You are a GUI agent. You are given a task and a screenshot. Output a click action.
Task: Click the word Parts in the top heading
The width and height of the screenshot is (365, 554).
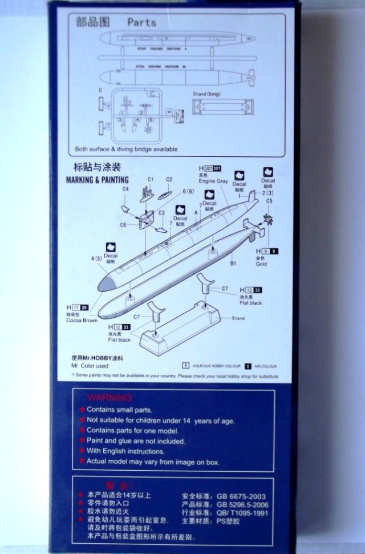[141, 22]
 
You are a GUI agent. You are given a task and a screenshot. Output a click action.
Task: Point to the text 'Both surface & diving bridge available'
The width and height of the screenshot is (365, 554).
[127, 149]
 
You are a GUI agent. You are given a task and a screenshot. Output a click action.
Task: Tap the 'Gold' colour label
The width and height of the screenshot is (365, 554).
[262, 264]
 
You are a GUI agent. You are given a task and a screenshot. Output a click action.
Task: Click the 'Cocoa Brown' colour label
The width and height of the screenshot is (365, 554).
[83, 321]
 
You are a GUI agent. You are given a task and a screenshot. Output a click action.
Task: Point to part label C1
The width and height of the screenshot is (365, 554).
[151, 179]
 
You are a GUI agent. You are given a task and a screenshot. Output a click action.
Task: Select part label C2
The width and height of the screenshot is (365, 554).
[169, 179]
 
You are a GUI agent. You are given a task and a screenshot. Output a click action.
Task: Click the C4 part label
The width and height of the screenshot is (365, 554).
[125, 189]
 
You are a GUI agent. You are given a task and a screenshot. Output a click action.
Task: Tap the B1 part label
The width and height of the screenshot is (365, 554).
[233, 264]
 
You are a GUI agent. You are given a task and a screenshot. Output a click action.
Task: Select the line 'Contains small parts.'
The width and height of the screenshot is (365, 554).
[119, 410]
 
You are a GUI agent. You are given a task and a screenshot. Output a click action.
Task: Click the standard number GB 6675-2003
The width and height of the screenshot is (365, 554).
[238, 496]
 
